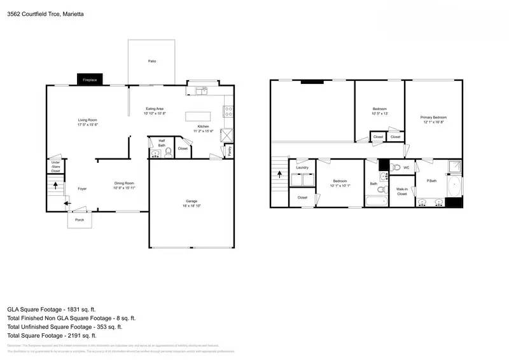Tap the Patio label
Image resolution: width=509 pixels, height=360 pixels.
(152, 61)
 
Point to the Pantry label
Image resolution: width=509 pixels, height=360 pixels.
(228, 150)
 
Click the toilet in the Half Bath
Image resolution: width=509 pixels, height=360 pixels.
(168, 153)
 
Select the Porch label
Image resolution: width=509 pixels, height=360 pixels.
(80, 219)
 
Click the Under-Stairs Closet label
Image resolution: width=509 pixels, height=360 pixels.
(55, 167)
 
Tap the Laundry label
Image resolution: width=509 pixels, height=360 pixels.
(302, 168)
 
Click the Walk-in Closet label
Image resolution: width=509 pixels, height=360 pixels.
(401, 191)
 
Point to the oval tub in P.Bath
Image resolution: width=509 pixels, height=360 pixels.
(454, 186)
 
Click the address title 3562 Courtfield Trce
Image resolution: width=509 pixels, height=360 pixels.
(45, 13)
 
